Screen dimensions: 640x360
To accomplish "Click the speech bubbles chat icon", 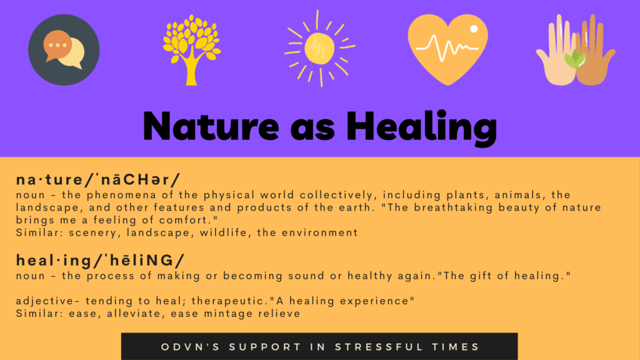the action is (x=64, y=50).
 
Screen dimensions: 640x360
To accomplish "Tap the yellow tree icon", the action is (x=191, y=50).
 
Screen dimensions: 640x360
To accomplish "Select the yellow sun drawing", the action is (x=319, y=49).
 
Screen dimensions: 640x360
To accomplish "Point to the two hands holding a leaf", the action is (x=576, y=50).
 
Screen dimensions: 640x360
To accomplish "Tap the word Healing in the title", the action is (x=422, y=127).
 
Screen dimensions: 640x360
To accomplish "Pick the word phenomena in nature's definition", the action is (x=121, y=195).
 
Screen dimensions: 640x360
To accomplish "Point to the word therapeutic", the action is (x=230, y=301).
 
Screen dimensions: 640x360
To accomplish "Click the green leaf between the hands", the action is (x=575, y=59).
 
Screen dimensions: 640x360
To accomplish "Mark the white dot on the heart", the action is (x=474, y=29).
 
